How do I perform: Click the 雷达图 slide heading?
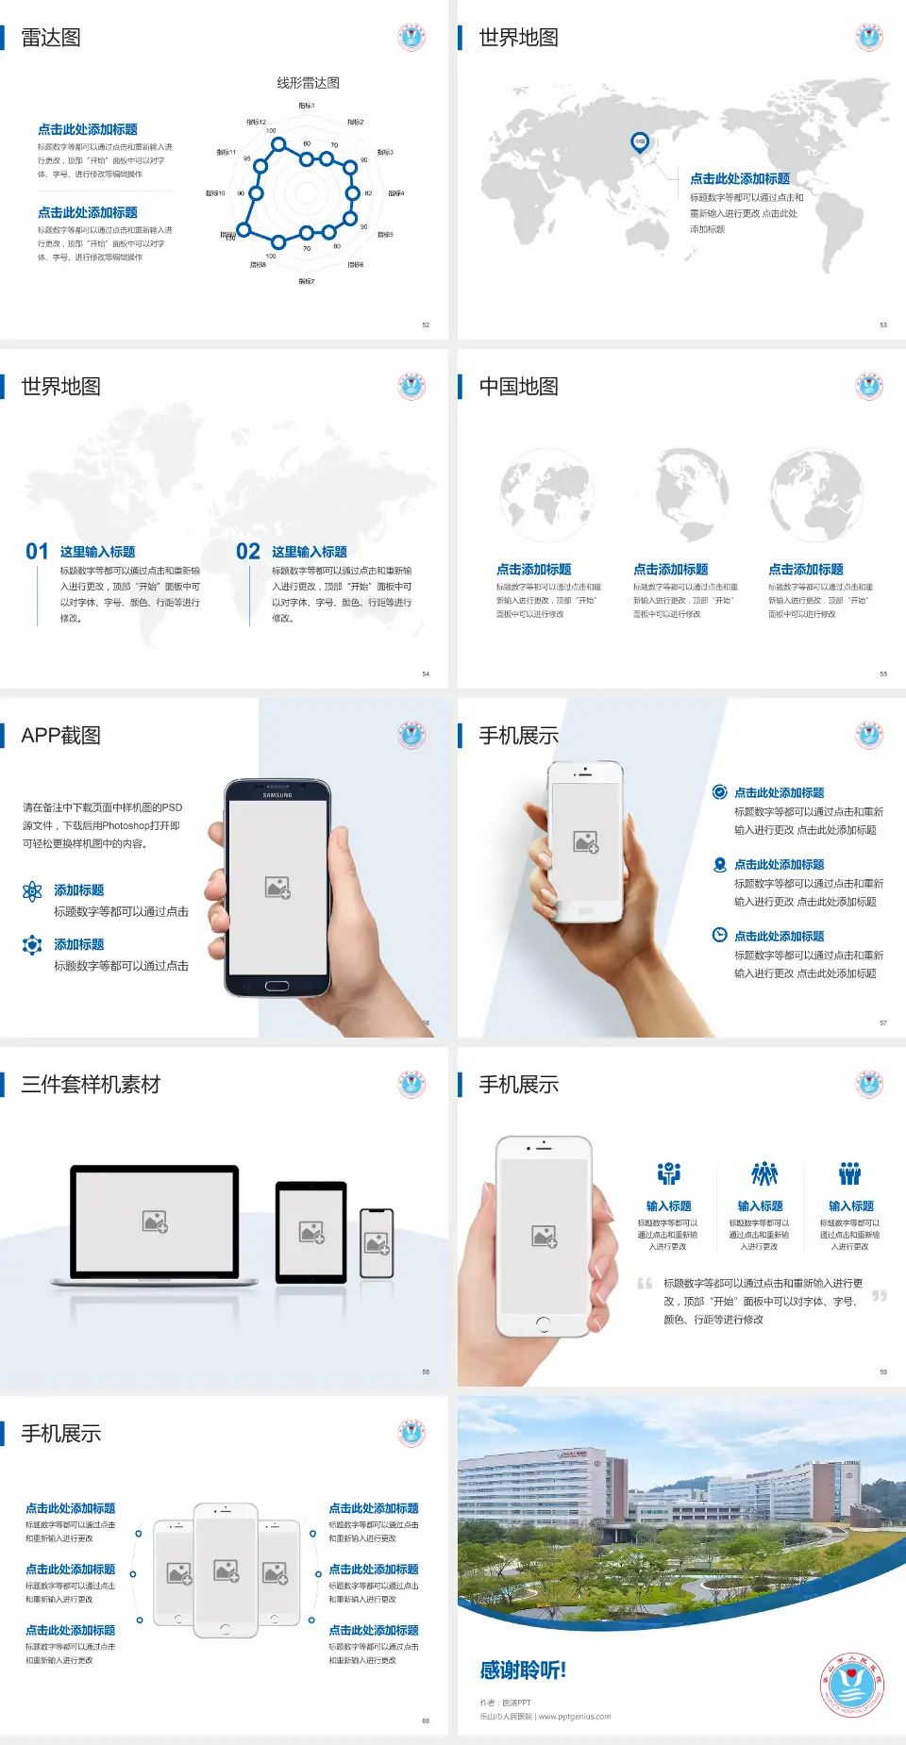click(51, 38)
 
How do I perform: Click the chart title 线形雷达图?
click(308, 83)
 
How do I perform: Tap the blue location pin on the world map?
click(639, 142)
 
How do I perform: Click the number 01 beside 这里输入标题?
click(37, 552)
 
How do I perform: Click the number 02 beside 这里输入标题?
click(248, 552)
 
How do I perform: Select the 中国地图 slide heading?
click(518, 387)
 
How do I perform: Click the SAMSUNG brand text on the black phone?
click(277, 795)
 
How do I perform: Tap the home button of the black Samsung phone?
click(277, 986)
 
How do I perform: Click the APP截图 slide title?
click(60, 736)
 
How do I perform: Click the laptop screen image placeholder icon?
click(155, 1221)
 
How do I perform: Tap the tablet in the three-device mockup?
click(310, 1232)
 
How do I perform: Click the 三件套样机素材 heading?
click(91, 1085)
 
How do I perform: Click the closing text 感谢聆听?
click(523, 1670)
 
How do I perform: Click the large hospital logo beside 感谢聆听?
click(852, 1685)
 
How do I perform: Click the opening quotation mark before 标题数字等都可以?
click(645, 1284)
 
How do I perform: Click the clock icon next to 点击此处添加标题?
click(719, 935)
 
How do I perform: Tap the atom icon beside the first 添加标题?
click(32, 891)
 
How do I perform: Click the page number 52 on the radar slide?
click(426, 324)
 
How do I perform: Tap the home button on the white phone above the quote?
click(543, 1323)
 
